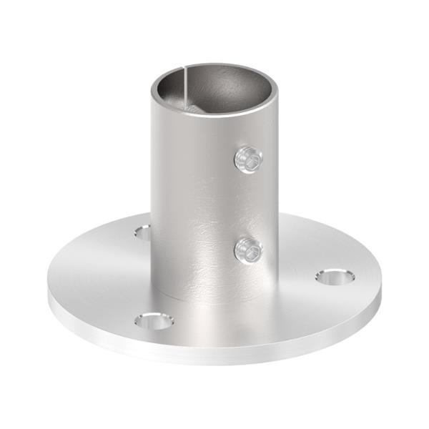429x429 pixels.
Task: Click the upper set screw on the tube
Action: (248, 159)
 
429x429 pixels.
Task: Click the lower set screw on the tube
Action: (248, 250)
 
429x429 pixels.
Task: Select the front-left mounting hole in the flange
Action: (154, 321)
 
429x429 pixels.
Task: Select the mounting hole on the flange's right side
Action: (334, 276)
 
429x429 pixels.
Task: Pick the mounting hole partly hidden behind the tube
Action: (143, 232)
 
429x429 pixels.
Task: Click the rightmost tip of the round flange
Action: (381, 282)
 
